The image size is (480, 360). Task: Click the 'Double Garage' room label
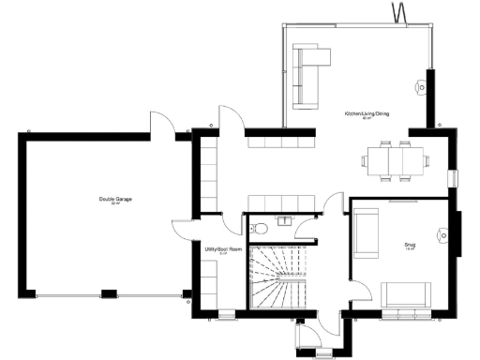(x=113, y=201)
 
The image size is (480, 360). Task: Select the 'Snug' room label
(x=409, y=245)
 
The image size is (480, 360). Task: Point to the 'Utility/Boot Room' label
(x=223, y=249)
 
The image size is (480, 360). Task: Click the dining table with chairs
(x=395, y=161)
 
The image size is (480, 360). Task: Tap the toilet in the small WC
(x=259, y=228)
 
